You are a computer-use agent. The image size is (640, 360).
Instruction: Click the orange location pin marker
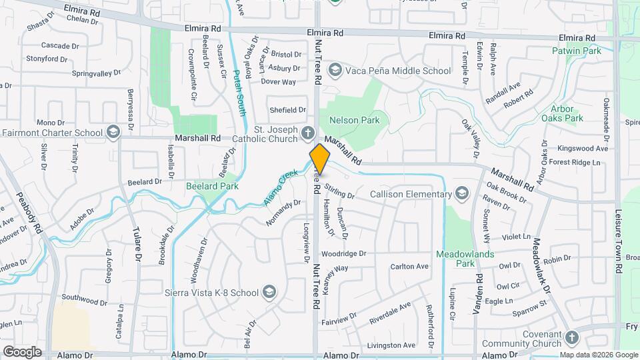(x=319, y=159)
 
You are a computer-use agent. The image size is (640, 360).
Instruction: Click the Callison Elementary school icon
(x=461, y=195)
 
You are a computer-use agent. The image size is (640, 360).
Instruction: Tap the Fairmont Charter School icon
(x=113, y=132)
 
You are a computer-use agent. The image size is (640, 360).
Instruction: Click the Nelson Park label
(x=354, y=121)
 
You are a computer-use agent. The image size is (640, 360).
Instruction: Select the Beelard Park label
(x=212, y=186)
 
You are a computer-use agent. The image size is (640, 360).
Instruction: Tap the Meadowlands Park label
(x=459, y=259)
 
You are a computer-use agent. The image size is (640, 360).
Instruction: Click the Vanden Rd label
(x=477, y=294)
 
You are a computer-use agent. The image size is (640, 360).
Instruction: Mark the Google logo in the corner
(x=22, y=352)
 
